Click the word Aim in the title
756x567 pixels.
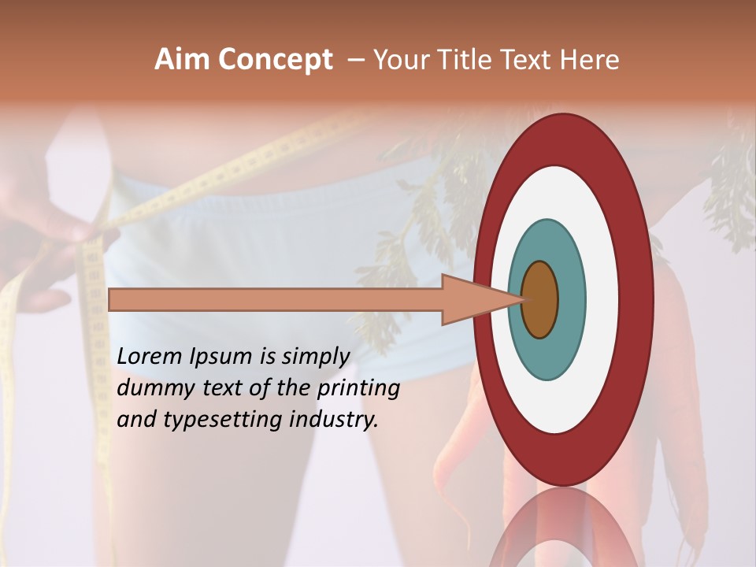point(183,60)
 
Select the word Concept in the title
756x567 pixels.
point(276,61)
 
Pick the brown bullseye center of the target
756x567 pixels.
point(540,299)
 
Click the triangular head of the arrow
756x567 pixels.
point(472,299)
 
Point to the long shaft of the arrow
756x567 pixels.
point(276,299)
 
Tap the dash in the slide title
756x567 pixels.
point(355,60)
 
